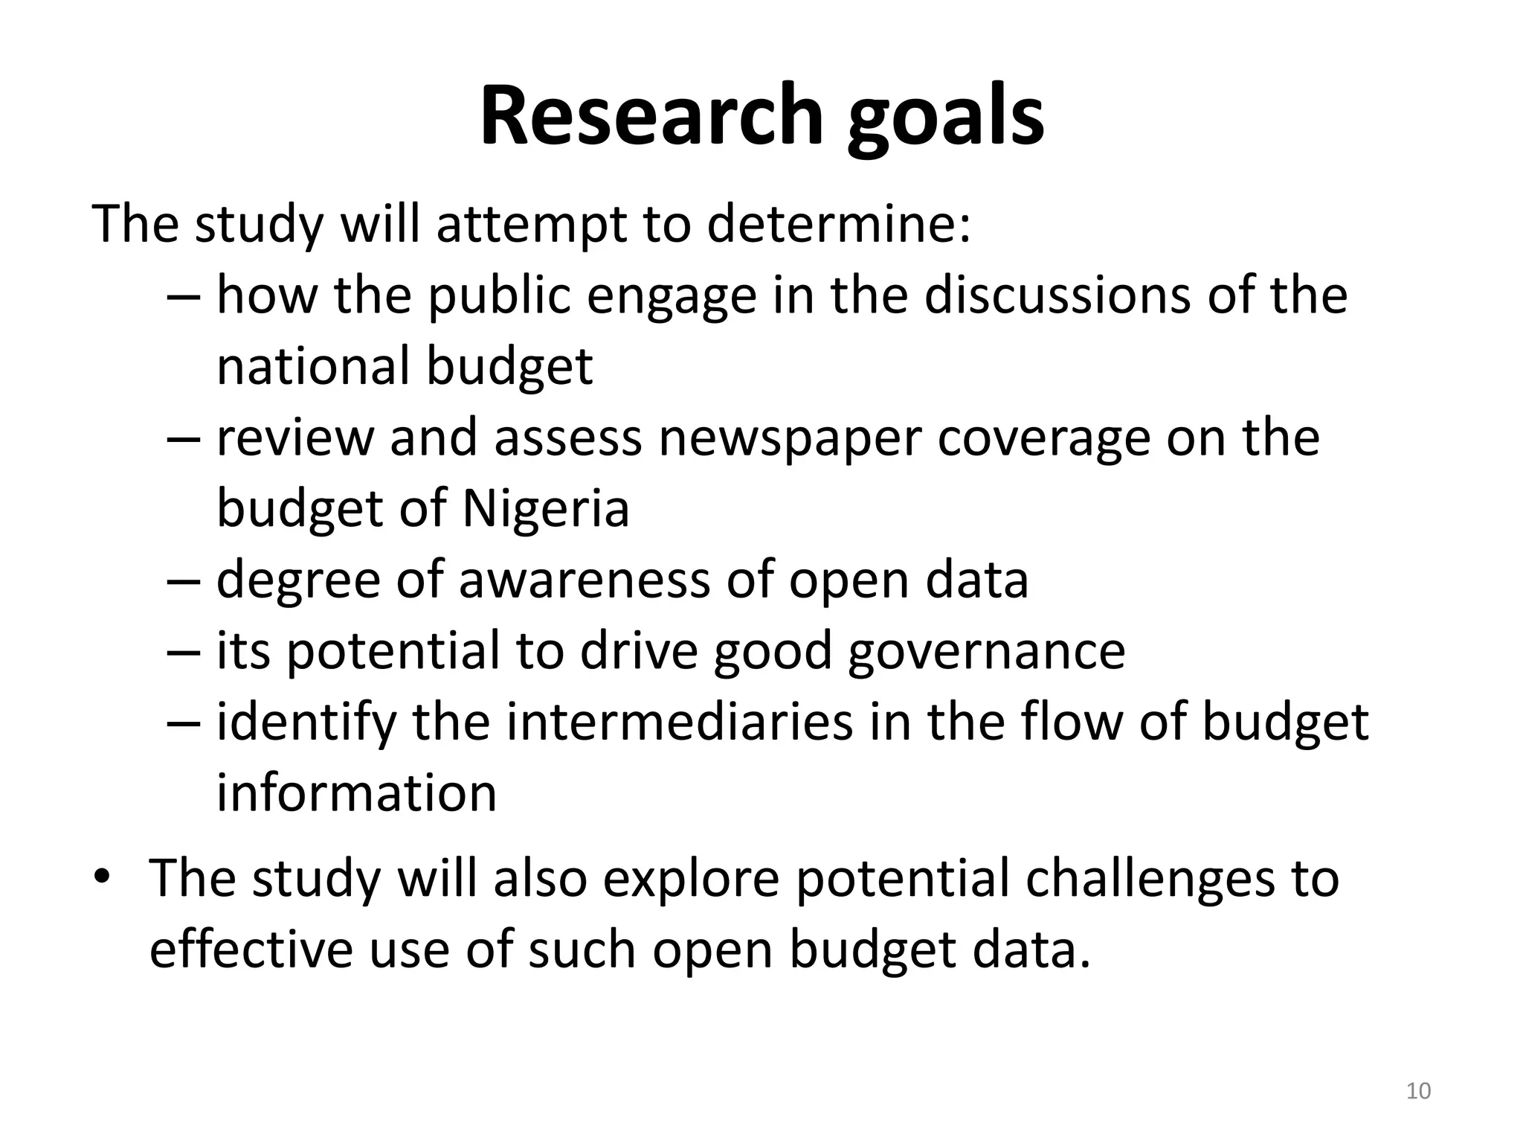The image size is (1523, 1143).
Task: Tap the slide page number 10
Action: click(x=1419, y=1091)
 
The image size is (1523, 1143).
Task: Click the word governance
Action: click(x=986, y=651)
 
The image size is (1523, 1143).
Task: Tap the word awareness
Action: click(x=584, y=580)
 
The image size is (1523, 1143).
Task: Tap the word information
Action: click(x=356, y=793)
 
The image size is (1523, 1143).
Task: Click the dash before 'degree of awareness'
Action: click(x=184, y=581)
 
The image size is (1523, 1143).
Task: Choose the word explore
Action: click(x=691, y=879)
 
